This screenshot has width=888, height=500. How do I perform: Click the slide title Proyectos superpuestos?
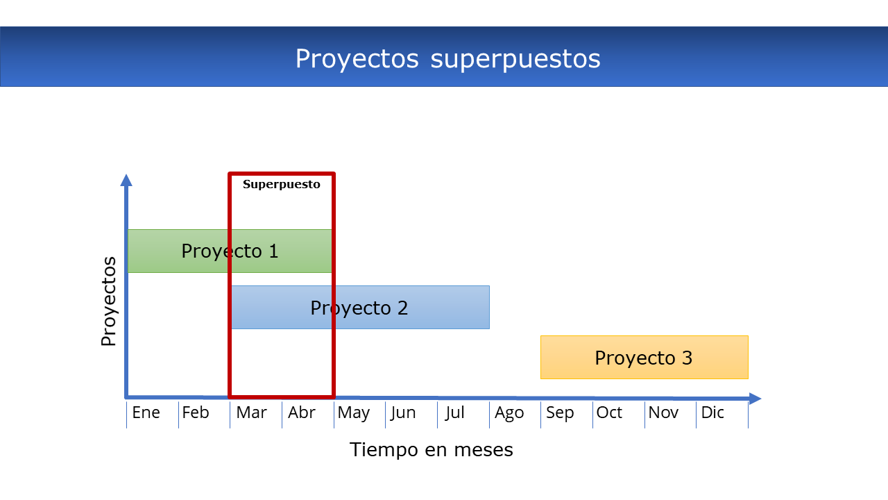pos(448,59)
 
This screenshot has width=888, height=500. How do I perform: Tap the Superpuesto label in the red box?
pos(282,185)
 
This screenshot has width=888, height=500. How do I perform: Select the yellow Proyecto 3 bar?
pos(644,357)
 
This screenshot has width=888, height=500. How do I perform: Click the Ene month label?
pos(146,412)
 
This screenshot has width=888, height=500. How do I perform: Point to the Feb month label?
pos(196,412)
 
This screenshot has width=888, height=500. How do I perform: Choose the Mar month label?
pos(251,412)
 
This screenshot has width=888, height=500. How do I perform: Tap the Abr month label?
pos(301,412)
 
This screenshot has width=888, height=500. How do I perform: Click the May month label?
pos(354,413)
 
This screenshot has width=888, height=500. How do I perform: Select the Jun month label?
pos(403,412)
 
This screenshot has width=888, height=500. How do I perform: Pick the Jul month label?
pos(454,412)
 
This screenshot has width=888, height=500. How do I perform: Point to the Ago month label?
pos(509,413)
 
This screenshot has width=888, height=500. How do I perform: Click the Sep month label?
pos(560,413)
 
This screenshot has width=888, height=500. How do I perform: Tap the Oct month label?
pos(609,412)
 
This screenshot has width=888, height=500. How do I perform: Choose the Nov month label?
pos(663,412)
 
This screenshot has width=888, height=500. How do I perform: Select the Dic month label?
pos(712,412)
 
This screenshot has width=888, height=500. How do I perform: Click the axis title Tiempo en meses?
pos(432,449)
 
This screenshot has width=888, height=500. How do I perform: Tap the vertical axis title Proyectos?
pos(108,301)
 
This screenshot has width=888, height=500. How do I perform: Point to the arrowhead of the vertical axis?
pos(126,180)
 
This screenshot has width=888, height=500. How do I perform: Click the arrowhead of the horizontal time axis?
pos(755,399)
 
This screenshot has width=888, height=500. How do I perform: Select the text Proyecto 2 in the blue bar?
pos(359,308)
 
